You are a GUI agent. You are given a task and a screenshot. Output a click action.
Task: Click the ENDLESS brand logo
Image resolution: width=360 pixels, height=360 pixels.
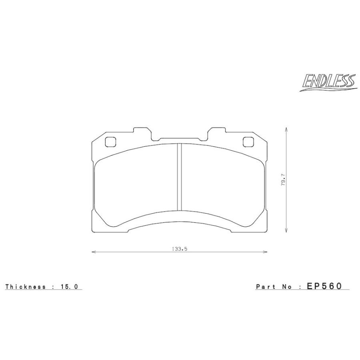tap(328, 83)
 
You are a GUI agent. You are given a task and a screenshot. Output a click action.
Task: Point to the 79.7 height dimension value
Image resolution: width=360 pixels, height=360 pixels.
tap(283, 180)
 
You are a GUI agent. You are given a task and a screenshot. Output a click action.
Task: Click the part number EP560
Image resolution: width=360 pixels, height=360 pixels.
tap(324, 286)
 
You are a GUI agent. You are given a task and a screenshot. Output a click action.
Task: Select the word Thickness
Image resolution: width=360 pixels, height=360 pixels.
tap(26, 286)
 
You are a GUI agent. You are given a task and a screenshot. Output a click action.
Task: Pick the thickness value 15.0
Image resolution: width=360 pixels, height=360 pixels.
tap(69, 286)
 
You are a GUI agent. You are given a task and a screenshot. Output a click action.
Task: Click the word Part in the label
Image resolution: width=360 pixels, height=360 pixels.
tap(266, 286)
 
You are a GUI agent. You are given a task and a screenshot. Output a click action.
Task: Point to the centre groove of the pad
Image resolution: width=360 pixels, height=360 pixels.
tap(179, 177)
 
